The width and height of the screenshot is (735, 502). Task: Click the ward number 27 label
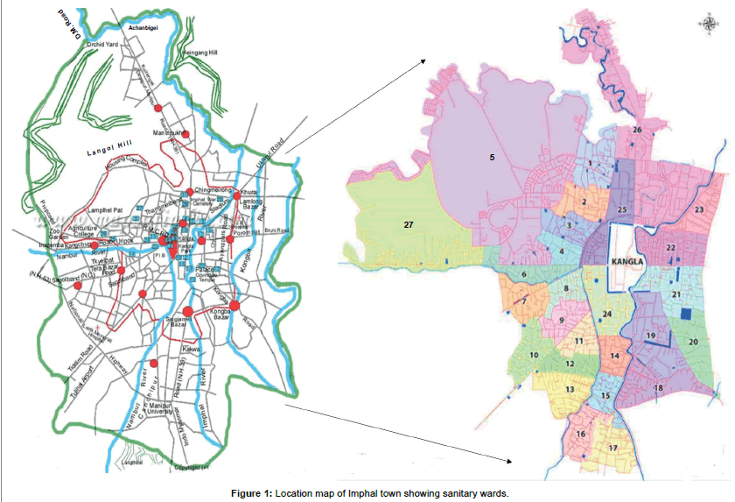[408, 225]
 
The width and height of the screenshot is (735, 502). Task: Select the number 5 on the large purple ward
[493, 158]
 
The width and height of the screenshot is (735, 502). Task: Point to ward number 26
[637, 131]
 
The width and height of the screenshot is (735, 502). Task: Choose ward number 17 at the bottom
[612, 448]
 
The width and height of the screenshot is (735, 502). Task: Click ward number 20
[692, 342]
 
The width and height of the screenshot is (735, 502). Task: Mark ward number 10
[534, 355]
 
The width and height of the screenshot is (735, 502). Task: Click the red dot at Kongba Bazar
[234, 305]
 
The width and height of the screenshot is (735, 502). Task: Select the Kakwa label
[192, 349]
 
